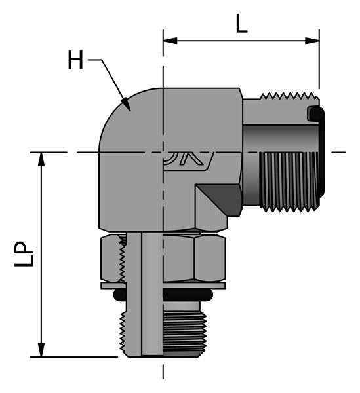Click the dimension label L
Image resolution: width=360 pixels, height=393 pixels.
[241, 24]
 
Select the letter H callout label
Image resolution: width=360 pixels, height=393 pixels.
[76, 62]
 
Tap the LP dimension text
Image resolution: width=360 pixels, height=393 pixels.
[24, 255]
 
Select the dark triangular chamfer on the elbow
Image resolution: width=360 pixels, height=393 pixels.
[220, 197]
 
